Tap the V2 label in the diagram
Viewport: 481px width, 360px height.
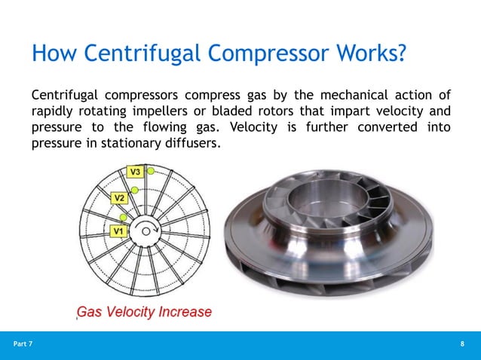click(119, 198)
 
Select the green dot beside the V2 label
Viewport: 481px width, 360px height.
click(133, 192)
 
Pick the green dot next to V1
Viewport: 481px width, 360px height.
click(123, 218)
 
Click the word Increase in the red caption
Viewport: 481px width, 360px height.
click(184, 312)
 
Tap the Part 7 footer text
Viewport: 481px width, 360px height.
click(23, 344)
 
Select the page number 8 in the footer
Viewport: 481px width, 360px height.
click(462, 344)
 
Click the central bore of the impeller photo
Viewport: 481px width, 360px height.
click(328, 197)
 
